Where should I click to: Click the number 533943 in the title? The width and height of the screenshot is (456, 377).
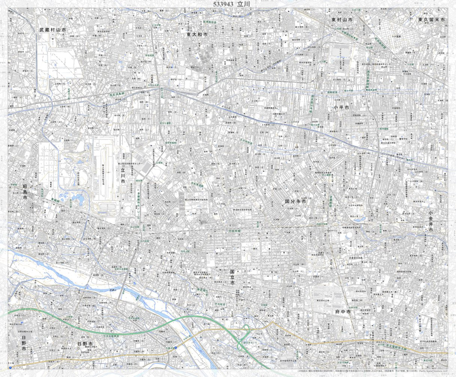223,4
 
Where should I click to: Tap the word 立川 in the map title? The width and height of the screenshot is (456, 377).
243,4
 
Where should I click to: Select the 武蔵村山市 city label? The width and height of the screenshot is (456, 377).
53,29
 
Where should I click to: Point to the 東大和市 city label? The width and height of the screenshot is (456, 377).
197,34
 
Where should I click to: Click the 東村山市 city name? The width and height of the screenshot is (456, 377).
342,19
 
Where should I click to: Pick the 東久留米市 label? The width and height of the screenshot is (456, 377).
432,19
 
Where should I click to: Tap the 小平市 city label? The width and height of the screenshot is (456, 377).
341,107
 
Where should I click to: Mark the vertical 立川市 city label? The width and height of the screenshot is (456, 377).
123,175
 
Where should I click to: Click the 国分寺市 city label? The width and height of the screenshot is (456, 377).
295,201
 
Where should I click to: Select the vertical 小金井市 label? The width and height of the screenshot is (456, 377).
431,222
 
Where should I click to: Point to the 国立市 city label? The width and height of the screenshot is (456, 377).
232,277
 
